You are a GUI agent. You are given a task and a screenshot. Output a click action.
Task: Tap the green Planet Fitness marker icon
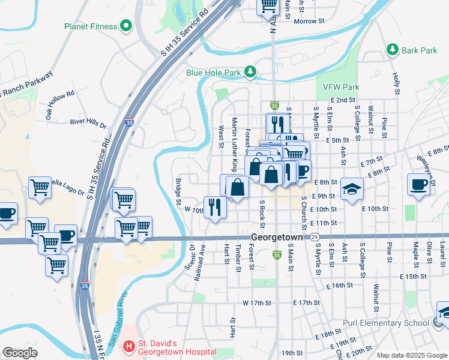coord(125,26)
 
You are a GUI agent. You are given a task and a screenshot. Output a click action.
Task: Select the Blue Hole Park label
coord(213,73)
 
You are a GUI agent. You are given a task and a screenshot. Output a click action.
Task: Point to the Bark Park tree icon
coord(393,50)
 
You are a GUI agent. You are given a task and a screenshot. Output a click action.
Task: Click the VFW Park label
coord(341,87)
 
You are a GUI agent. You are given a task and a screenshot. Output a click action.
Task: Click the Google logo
coord(19,352)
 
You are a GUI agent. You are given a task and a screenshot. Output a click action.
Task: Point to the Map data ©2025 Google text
coord(411,355)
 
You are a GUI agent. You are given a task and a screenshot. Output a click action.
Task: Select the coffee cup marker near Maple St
coord(418,184)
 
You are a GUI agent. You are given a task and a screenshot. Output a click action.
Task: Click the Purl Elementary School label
coord(386,323)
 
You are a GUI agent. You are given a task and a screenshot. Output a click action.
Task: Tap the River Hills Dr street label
coord(88,124)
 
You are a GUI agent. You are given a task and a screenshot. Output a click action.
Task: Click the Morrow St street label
coord(309,21)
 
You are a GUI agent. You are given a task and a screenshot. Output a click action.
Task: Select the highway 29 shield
coord(315,238)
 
